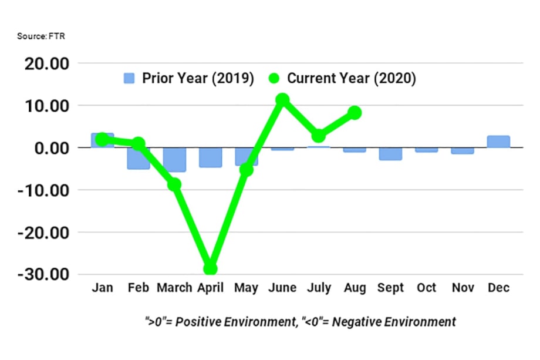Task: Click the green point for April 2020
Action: (210, 268)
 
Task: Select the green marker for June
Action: (282, 100)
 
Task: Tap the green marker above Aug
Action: (354, 112)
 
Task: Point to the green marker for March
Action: (174, 184)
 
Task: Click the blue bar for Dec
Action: (498, 142)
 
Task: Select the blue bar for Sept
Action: (390, 154)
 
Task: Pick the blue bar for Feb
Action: (139, 159)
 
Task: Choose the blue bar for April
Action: (210, 157)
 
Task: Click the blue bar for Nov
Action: (463, 151)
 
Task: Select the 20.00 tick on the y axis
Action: (46, 63)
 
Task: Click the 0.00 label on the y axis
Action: (50, 148)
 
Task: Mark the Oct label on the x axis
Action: (427, 288)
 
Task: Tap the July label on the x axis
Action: (318, 288)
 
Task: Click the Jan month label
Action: (103, 288)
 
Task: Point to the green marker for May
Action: (246, 170)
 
